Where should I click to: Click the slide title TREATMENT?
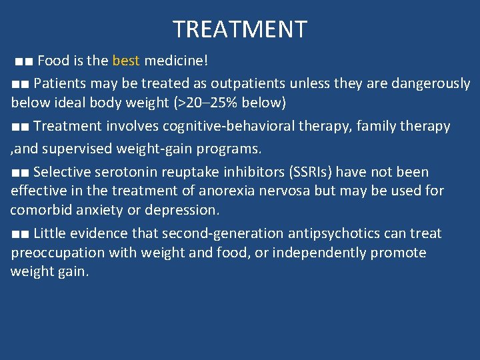point(240,29)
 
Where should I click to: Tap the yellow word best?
point(126,61)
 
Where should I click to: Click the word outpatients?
point(250,84)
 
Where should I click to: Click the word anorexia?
point(212,191)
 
